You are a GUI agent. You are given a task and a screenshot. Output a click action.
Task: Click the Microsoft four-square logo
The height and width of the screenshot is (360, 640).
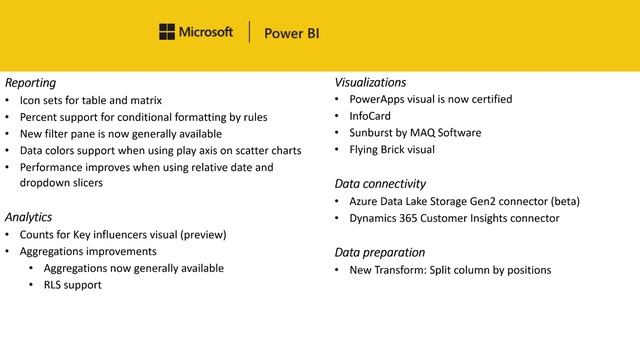coord(167,32)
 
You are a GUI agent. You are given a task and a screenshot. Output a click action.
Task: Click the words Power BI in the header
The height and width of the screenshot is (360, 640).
coord(291,33)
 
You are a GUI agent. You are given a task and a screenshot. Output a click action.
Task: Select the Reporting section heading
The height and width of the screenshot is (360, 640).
coord(30,82)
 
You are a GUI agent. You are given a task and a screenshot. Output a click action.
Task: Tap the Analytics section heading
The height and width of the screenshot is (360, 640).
coord(28,217)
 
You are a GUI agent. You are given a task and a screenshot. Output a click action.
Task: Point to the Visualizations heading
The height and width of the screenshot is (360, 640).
coord(370,82)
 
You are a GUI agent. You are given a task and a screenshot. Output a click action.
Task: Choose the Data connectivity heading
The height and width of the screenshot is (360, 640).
coord(380,184)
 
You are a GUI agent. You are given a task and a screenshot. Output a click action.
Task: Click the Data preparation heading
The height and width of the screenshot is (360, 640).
coord(380,252)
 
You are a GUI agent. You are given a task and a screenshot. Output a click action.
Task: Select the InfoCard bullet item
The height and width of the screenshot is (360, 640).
coord(372,116)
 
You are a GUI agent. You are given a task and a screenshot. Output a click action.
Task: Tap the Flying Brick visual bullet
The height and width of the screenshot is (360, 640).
coord(392,150)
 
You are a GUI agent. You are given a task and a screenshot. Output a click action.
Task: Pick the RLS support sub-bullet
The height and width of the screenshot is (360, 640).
coord(72,285)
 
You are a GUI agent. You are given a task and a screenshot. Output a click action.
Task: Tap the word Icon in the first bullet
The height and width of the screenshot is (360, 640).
coord(31,100)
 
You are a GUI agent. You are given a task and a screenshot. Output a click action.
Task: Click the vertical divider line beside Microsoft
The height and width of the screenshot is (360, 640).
coord(248,32)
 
